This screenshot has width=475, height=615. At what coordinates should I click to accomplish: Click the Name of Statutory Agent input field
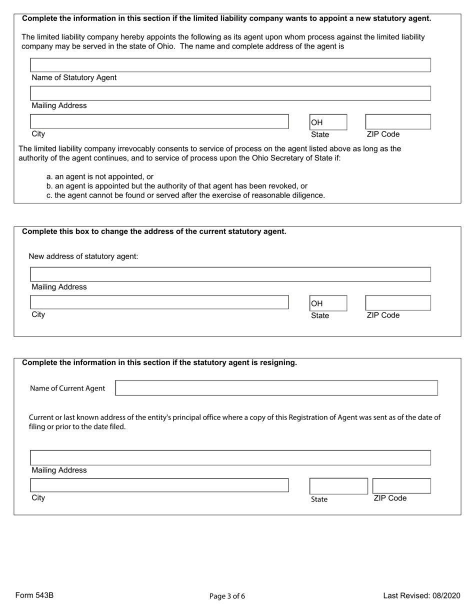point(230,65)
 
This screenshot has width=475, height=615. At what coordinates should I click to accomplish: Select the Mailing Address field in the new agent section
point(230,93)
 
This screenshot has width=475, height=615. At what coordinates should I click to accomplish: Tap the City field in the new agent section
point(159,121)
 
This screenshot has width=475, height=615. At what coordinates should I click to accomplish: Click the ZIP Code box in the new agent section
point(397,121)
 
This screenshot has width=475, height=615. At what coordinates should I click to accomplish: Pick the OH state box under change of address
point(328,303)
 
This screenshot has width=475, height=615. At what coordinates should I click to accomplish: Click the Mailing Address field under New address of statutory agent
point(230,274)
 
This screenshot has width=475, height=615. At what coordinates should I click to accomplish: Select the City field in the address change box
point(159,302)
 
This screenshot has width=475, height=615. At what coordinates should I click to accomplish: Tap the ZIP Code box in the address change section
point(397,302)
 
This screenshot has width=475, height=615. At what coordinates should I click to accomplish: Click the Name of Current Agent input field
point(276,388)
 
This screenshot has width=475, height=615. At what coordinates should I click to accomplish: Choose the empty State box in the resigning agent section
point(338,485)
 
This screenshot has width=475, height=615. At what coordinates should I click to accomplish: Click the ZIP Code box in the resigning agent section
point(401,485)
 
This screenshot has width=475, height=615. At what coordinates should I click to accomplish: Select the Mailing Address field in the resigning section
point(230,457)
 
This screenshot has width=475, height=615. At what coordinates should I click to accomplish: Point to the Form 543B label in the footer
point(34,595)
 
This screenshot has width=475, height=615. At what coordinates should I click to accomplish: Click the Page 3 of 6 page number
point(227,596)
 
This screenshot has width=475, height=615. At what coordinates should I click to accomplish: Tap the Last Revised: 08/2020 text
point(421,595)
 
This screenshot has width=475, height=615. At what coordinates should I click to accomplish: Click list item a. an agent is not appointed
point(99,176)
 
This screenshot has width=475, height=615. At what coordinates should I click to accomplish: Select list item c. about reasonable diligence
point(185,195)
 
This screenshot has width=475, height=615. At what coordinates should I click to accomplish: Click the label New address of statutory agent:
point(83,256)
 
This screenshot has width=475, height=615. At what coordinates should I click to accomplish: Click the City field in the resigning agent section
point(159,485)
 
